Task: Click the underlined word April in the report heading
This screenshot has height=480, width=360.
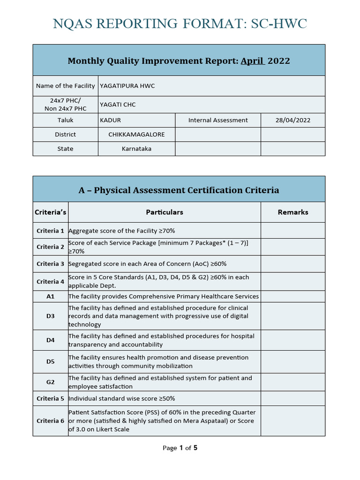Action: tap(253, 61)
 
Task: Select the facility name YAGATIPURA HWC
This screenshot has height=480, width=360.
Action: tap(127, 86)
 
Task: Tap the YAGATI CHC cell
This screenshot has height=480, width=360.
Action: tap(118, 105)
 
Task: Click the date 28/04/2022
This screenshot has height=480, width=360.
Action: tap(292, 120)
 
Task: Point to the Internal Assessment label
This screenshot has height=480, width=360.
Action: tap(218, 120)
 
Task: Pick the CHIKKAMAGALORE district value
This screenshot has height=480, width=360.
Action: tap(136, 135)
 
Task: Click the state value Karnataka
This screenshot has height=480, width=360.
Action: tap(136, 149)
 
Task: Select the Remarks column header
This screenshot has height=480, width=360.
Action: tap(292, 212)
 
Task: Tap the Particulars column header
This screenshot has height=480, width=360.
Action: tap(165, 212)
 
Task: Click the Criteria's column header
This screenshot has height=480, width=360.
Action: tap(51, 212)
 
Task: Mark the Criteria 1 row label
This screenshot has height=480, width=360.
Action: tap(51, 231)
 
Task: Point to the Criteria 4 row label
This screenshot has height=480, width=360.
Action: tap(51, 282)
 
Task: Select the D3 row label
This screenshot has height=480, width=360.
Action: tap(51, 316)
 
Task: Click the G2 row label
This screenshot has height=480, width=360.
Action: tap(51, 382)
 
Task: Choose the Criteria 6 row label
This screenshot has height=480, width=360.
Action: tap(51, 421)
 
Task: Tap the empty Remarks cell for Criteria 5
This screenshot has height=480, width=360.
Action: tap(292, 398)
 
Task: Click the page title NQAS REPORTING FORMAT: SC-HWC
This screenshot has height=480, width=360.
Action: tap(180, 24)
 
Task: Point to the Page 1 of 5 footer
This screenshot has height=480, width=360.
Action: tap(180, 448)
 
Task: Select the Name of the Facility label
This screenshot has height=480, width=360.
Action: tap(66, 86)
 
